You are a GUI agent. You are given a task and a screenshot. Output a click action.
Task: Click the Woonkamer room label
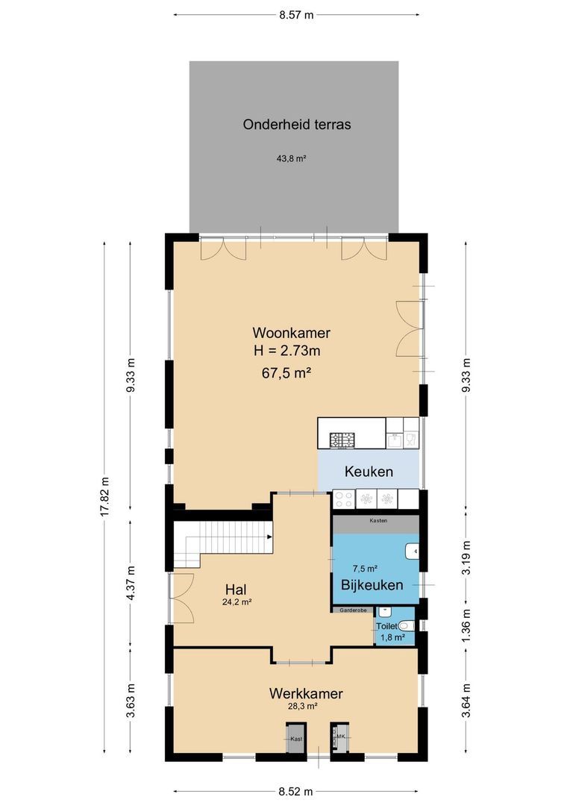pyautogui.click(x=291, y=333)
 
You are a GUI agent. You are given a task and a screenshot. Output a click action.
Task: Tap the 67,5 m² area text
pyautogui.click(x=291, y=373)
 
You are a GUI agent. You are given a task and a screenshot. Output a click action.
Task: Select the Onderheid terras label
pyautogui.click(x=297, y=125)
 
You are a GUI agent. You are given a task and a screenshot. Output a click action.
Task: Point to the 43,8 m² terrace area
pyautogui.click(x=292, y=158)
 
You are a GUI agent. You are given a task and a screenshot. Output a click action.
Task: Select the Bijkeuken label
pyautogui.click(x=372, y=585)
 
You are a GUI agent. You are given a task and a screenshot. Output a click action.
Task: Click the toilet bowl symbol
pyautogui.click(x=405, y=625)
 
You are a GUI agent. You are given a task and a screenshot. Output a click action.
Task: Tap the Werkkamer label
pyautogui.click(x=306, y=693)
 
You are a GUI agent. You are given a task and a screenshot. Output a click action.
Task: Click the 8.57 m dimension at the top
pyautogui.click(x=296, y=14)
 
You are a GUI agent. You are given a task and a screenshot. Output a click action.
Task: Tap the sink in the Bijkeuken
pyautogui.click(x=412, y=552)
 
